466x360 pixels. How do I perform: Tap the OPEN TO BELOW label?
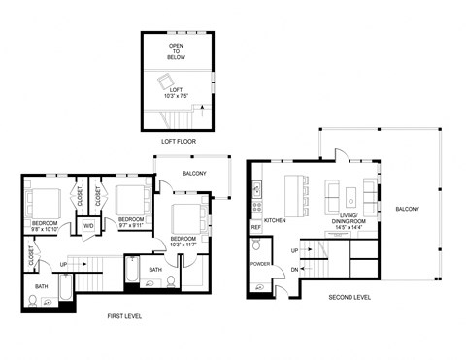[177, 51]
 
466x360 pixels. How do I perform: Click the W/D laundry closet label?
[88, 225]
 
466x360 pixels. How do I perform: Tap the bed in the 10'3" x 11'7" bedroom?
[185, 218]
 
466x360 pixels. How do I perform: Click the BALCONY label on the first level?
[195, 173]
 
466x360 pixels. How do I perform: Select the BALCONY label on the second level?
[408, 210]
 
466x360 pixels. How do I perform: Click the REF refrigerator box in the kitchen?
[256, 227]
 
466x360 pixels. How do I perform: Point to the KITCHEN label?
[276, 220]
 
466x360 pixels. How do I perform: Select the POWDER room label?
[260, 263]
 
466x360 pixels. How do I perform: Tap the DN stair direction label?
[295, 269]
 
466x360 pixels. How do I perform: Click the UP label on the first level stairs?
[65, 263]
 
